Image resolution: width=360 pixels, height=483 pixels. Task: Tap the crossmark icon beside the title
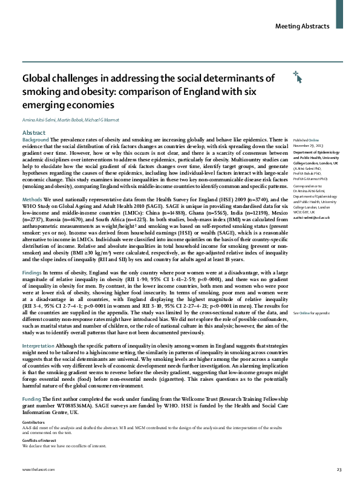[296, 76]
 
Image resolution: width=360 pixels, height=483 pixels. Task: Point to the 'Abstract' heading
[33, 132]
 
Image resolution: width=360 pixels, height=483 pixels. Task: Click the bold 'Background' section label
[35, 140]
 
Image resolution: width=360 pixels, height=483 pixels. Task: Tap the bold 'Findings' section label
[33, 273]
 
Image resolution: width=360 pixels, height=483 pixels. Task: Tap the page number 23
[339, 470]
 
